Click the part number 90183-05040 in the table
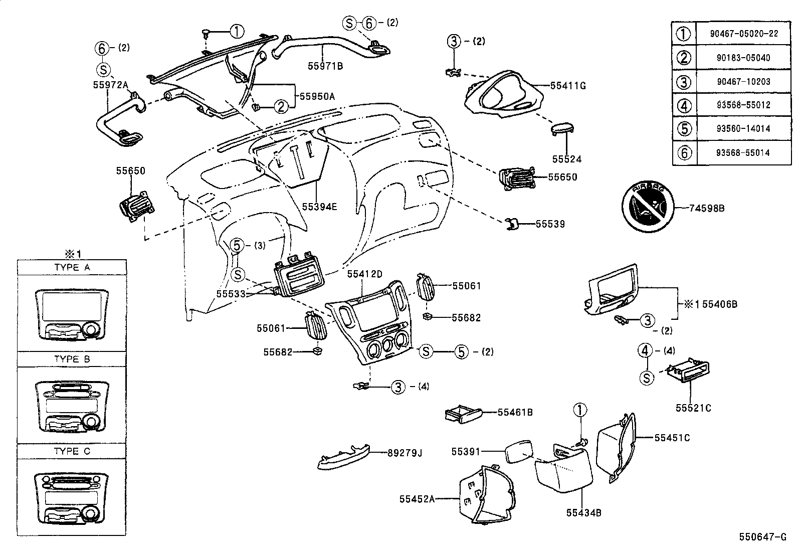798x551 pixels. pyautogui.click(x=744, y=58)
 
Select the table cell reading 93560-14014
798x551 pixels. pyautogui.click(x=744, y=129)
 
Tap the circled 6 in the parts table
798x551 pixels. pyautogui.click(x=684, y=153)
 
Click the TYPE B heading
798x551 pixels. pyautogui.click(x=72, y=359)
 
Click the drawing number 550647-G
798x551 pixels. pyautogui.click(x=762, y=537)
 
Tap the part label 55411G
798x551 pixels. pyautogui.click(x=567, y=85)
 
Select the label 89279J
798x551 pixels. pyautogui.click(x=405, y=453)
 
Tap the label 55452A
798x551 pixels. pyautogui.click(x=417, y=499)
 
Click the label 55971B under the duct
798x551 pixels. pyautogui.click(x=325, y=65)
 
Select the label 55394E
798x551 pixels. pyautogui.click(x=319, y=206)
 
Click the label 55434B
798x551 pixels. pyautogui.click(x=583, y=512)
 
